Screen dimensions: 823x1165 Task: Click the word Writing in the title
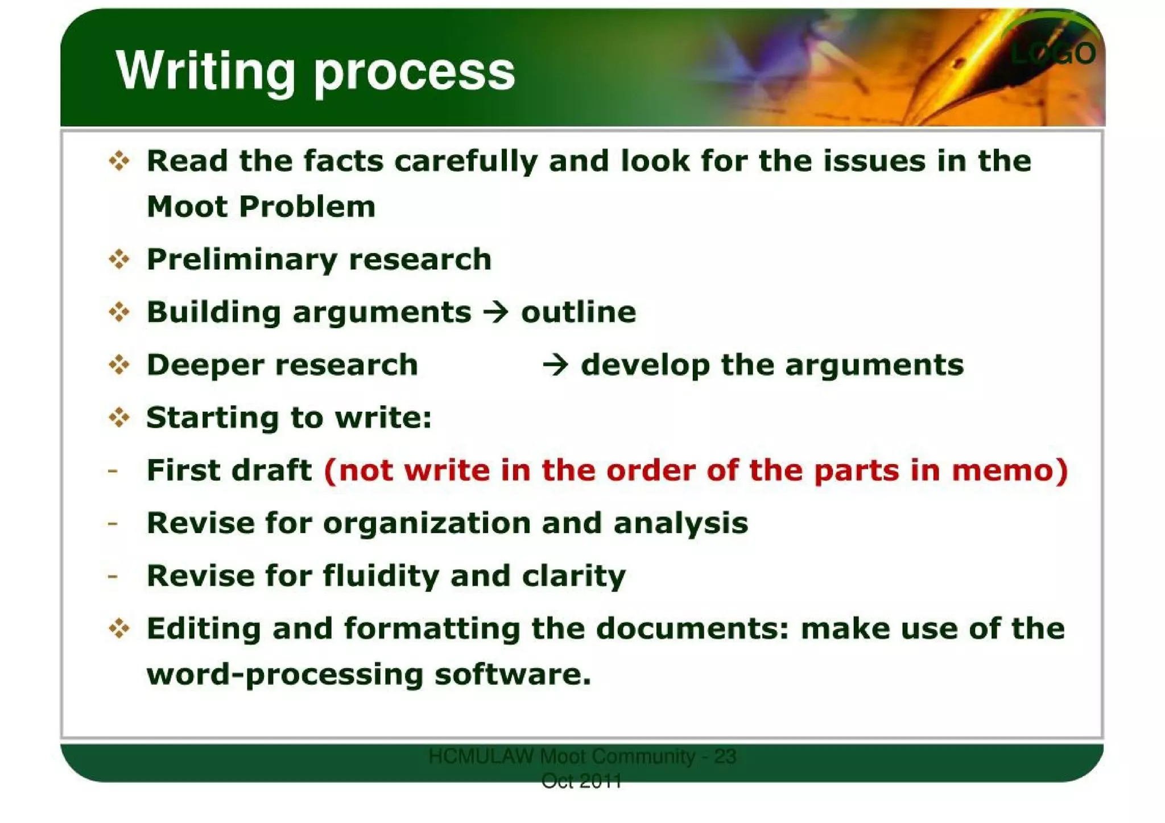tap(205, 71)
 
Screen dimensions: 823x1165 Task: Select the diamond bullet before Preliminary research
tap(119, 260)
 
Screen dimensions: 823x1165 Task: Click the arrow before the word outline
tap(496, 312)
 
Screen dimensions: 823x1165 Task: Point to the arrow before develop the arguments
tap(555, 365)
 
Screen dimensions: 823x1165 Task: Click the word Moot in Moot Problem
tap(187, 206)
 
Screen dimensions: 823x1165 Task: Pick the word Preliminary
tap(242, 260)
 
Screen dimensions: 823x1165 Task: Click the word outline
tap(579, 312)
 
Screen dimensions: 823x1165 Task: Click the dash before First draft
tap(113, 471)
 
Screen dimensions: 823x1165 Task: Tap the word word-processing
tap(285, 675)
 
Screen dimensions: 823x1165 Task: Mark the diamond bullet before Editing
tap(119, 629)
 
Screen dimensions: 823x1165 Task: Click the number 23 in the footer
tap(725, 756)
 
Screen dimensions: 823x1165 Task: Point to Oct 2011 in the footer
tap(581, 781)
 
